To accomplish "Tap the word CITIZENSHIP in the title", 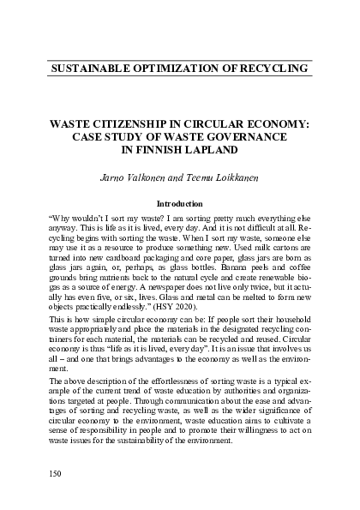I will pyautogui.click(x=139, y=123).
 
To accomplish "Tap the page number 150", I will pyautogui.click(x=57, y=472).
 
